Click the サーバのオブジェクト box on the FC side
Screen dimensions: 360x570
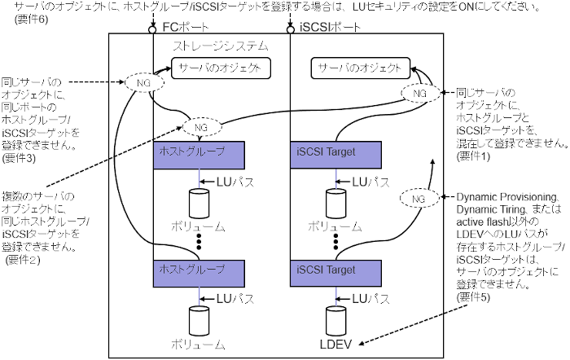pyautogui.click(x=217, y=68)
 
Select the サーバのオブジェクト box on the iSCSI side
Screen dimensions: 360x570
pyautogui.click(x=360, y=68)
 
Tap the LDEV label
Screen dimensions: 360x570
pyautogui.click(x=335, y=343)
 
